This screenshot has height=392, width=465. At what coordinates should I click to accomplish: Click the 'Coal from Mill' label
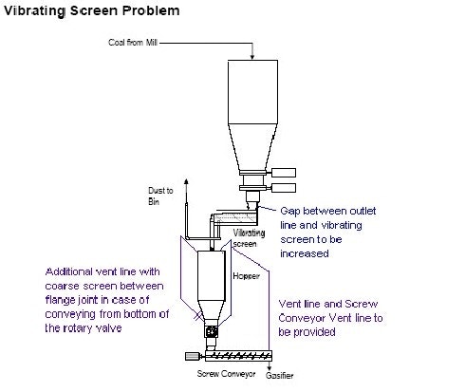pos(132,44)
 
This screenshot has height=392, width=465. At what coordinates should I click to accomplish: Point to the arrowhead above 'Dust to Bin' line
pos(186,179)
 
